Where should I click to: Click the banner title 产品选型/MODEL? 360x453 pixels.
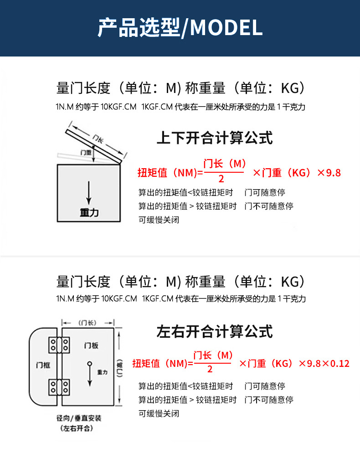(180, 28)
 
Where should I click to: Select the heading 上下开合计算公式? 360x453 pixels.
(214, 137)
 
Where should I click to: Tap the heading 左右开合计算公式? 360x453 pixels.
(214, 331)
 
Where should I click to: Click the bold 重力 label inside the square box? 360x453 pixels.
(89, 212)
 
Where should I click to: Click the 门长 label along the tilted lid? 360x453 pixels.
(97, 138)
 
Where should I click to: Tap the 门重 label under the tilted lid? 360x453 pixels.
(86, 152)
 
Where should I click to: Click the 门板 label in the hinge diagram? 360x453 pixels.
(91, 345)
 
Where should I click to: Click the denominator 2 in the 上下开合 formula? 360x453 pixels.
(221, 178)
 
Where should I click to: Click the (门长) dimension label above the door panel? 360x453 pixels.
(87, 323)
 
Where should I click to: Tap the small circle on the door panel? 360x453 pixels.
(89, 363)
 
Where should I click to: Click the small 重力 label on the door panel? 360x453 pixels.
(103, 372)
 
